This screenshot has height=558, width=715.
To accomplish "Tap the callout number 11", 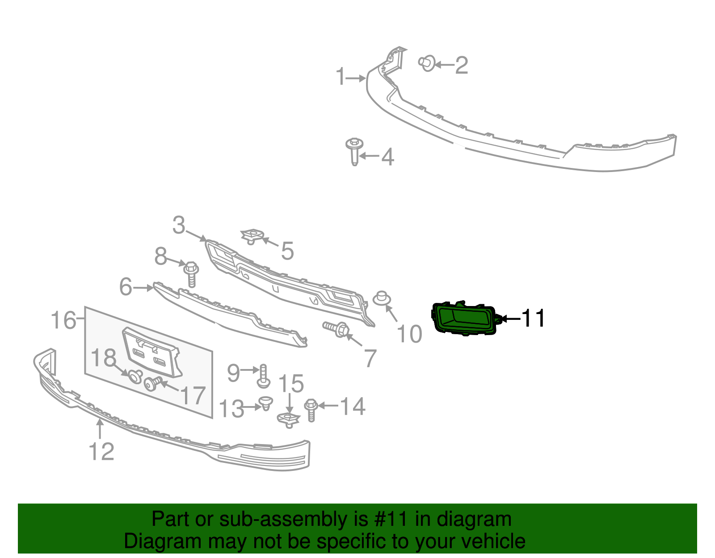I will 533,319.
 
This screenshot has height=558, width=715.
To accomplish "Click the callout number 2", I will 462,65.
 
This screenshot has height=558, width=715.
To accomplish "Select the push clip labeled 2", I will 427,63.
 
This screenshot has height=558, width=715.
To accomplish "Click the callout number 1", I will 341,77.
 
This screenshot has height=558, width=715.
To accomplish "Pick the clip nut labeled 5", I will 252,235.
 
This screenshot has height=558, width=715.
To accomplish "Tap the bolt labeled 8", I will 191,273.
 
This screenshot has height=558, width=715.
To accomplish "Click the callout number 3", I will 179,225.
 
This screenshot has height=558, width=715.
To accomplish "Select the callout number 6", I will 126,287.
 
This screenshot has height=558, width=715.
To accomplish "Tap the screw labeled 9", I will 263,376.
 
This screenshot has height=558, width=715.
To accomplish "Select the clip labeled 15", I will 288,419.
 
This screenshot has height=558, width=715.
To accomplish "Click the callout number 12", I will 102,451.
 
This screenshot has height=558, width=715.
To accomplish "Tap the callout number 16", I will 63,320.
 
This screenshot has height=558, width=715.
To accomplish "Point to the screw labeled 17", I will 152,383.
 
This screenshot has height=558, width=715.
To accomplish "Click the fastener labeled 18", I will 135,376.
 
